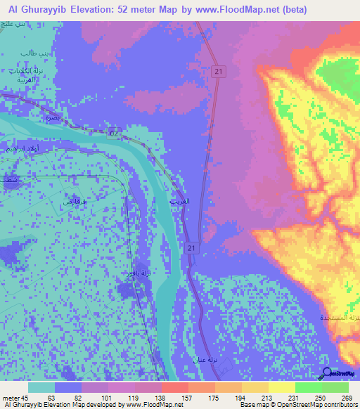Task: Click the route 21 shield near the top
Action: click(219, 72)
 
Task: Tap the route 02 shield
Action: click(115, 131)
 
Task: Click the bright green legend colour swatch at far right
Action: click(335, 387)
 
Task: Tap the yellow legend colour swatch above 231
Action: click(281, 387)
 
